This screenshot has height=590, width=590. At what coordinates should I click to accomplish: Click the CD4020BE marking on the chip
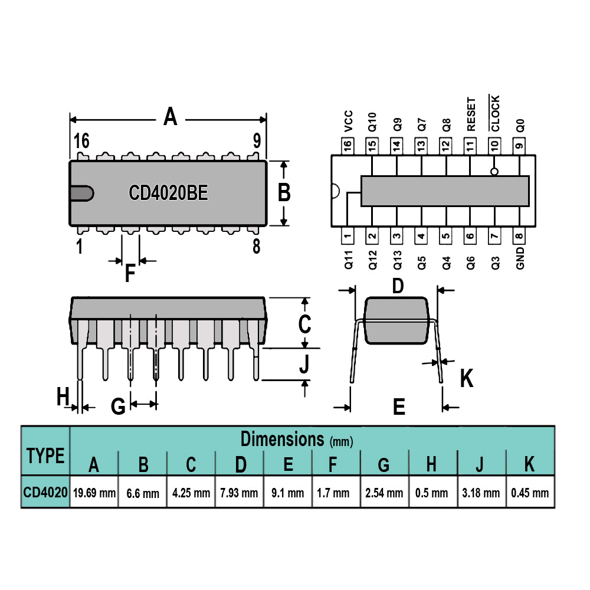click(x=168, y=193)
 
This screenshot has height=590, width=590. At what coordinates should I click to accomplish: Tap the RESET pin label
click(x=471, y=114)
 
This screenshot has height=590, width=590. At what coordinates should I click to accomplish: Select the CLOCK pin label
click(x=495, y=113)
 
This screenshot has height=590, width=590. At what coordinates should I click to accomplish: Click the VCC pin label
click(x=349, y=121)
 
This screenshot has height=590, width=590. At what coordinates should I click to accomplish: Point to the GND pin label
click(x=520, y=258)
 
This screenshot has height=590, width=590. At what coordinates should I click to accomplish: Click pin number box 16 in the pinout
click(x=348, y=146)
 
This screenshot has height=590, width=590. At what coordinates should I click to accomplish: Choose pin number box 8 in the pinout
click(x=519, y=236)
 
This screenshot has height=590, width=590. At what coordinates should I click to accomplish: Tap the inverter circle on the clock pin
click(x=494, y=172)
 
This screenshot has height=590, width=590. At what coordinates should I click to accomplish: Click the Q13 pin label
click(x=397, y=260)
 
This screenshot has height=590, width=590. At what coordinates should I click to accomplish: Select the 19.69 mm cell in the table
click(x=94, y=492)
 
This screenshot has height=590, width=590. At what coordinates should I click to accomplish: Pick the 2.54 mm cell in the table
click(x=384, y=492)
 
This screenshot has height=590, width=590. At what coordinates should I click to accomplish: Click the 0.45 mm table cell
click(x=530, y=492)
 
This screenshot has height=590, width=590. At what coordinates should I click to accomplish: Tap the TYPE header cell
click(x=45, y=455)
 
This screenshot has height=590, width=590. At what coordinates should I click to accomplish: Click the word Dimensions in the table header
click(x=282, y=439)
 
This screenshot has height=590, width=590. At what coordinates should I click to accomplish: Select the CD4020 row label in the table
click(x=45, y=492)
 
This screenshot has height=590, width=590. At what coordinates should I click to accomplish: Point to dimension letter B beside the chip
click(x=284, y=192)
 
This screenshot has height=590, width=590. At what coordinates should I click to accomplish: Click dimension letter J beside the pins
click(x=304, y=363)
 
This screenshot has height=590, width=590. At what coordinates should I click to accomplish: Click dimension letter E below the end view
click(x=399, y=407)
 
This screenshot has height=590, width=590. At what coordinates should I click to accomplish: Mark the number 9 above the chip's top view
click(x=257, y=141)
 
